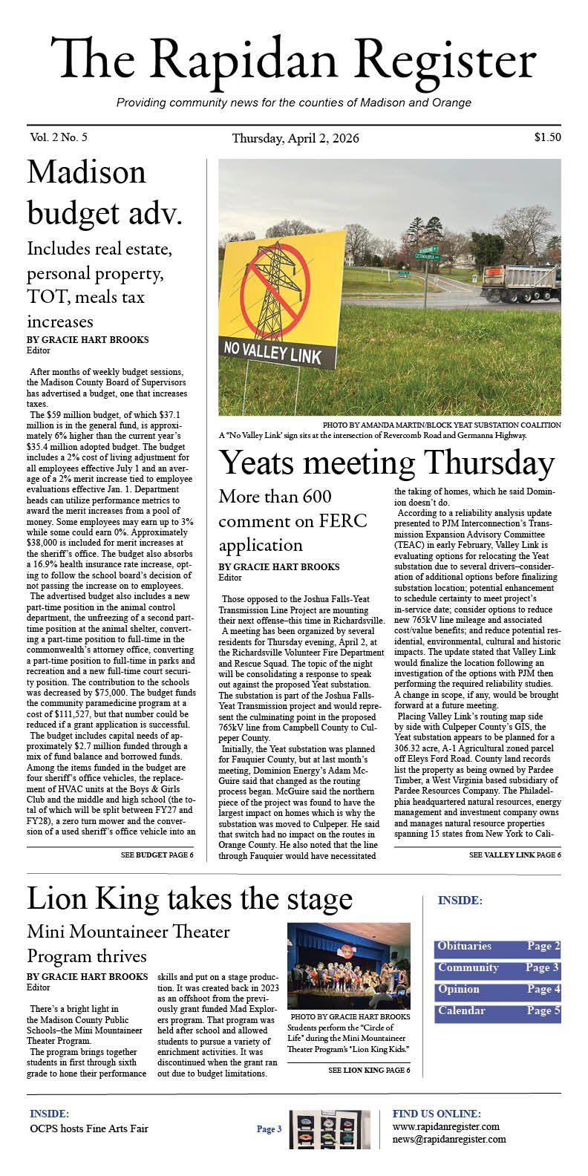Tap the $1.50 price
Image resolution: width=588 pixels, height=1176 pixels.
pyautogui.click(x=547, y=137)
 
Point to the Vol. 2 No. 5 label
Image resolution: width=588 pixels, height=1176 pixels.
pyautogui.click(x=59, y=137)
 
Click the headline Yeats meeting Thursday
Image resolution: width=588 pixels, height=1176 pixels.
pyautogui.click(x=387, y=464)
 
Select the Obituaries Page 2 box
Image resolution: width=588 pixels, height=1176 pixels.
pyautogui.click(x=497, y=947)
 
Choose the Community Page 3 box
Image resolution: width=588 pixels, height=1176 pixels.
pyautogui.click(x=497, y=968)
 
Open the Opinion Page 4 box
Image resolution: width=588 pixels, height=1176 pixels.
pyautogui.click(x=497, y=990)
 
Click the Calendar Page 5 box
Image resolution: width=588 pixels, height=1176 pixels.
pyautogui.click(x=497, y=1011)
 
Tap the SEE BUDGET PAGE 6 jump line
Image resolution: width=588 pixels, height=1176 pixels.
pyautogui.click(x=157, y=855)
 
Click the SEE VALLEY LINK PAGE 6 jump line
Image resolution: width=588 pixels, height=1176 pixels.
pyautogui.click(x=514, y=855)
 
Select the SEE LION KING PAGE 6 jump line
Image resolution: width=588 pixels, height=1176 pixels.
pyautogui.click(x=368, y=1071)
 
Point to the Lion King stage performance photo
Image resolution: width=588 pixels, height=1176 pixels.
pyautogui.click(x=348, y=965)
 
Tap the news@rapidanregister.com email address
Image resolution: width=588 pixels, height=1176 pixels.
pyautogui.click(x=449, y=1139)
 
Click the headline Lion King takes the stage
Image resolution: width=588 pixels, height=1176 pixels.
pyautogui.click(x=189, y=899)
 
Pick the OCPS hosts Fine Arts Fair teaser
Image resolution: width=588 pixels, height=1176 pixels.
pyautogui.click(x=89, y=1128)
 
